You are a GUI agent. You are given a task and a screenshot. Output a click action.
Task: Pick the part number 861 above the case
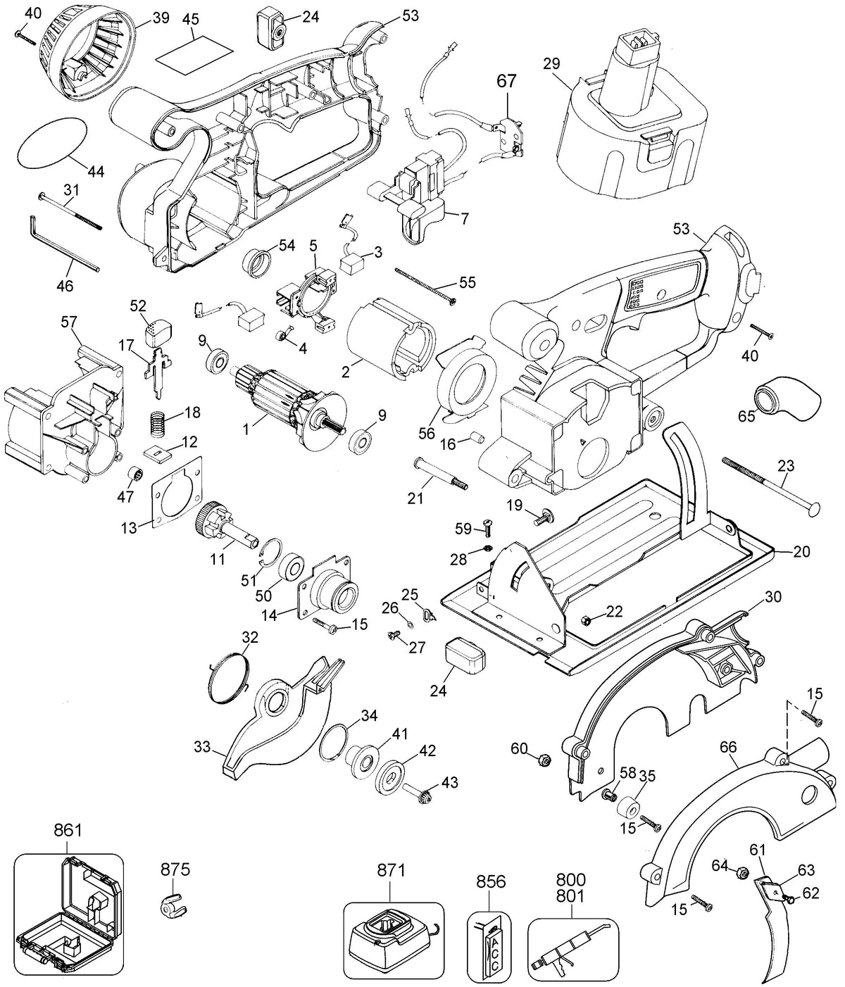click(68, 831)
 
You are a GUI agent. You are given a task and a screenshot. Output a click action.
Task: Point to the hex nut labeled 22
click(587, 620)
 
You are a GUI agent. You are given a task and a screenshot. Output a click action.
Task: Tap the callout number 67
click(507, 81)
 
